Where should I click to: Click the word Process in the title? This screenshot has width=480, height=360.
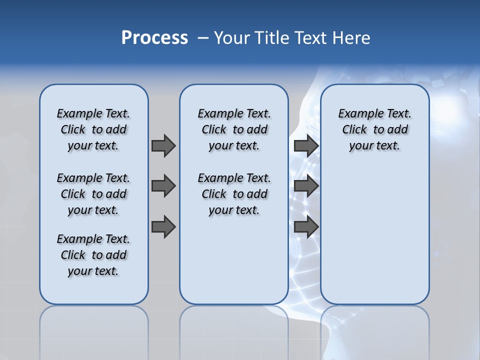(x=154, y=38)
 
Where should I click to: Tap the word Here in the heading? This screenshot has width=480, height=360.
(x=352, y=38)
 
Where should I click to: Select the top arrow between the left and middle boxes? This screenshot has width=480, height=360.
(x=163, y=145)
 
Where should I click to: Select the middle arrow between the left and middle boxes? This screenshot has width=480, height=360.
(x=163, y=186)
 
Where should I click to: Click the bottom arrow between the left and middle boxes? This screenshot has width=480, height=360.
(x=163, y=227)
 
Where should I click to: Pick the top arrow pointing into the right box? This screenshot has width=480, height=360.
(x=306, y=145)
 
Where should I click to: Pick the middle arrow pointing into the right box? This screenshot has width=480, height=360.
(x=306, y=186)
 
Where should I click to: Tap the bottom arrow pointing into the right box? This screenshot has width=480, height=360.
(x=306, y=227)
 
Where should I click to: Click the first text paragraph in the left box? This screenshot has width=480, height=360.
(x=93, y=129)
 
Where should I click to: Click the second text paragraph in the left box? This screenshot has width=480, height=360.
(x=93, y=194)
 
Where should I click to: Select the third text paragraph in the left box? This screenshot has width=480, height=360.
(x=93, y=255)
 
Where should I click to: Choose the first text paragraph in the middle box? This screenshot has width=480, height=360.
(x=234, y=129)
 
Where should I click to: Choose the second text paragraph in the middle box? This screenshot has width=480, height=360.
(x=234, y=194)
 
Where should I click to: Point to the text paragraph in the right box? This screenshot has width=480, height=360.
(x=374, y=129)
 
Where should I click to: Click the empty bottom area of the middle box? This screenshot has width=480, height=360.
(x=234, y=265)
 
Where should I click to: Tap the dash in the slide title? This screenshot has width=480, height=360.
(x=203, y=38)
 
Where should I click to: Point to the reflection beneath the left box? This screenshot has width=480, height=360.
(x=94, y=330)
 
